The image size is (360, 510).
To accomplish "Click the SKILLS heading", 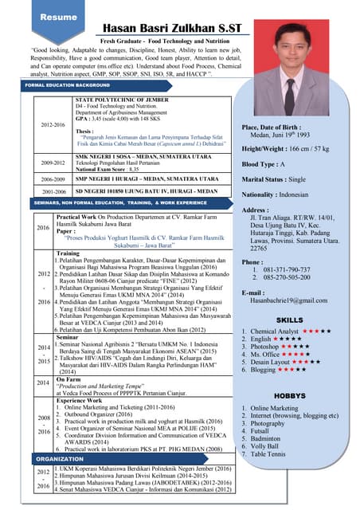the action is tap(289, 320).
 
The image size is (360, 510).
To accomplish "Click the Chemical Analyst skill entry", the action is tap(275, 331).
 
